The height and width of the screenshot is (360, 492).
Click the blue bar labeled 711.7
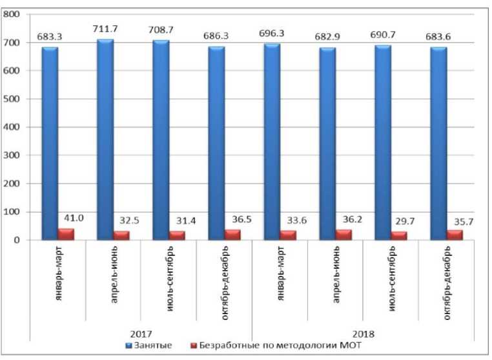coord(105,139)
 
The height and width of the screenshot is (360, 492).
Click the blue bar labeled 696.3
coord(272,142)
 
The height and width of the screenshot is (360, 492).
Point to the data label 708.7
coord(161,30)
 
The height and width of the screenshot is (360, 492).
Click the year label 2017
coord(141,334)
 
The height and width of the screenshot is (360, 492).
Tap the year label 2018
coord(364,334)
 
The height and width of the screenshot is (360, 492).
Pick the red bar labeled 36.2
coord(344,235)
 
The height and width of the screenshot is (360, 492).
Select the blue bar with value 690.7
coord(384,142)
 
